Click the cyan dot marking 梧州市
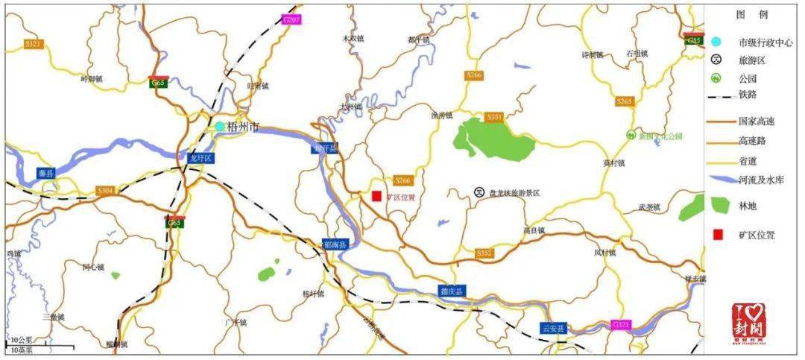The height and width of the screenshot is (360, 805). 220,127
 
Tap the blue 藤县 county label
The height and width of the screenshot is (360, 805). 46,174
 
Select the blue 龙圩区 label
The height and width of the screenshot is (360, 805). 201,158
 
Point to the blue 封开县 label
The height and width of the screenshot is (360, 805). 324,148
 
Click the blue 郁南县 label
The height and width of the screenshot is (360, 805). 335,244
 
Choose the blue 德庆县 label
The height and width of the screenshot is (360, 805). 450,291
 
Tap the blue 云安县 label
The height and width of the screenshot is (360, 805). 553,328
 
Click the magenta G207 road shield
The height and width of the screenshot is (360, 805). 291,19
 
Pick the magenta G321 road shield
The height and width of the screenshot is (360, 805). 620,325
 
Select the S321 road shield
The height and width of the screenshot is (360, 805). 34,44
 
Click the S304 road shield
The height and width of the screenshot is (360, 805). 106,191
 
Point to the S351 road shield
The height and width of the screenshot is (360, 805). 494,117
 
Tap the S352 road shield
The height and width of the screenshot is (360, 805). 484,253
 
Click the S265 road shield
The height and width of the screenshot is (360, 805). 624,101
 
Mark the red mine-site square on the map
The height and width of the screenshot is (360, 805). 376,196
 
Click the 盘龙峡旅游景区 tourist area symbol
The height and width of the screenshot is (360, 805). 479,192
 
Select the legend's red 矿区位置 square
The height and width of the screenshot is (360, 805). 718,235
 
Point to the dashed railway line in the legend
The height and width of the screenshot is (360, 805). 719,95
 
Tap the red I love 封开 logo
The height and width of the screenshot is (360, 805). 748,324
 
